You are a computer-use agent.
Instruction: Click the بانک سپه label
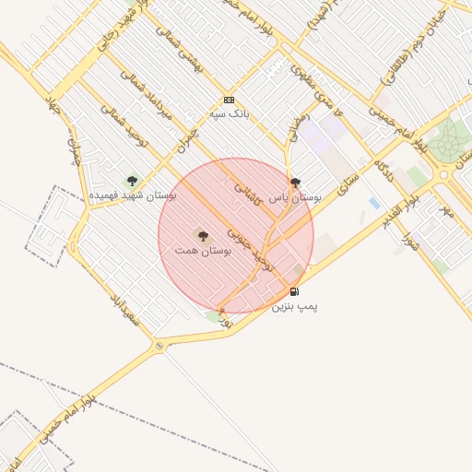pos(230,113)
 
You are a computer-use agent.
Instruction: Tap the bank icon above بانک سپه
pos(230,100)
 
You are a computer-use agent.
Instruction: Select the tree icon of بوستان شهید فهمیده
pos(132,182)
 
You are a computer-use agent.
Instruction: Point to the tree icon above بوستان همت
pos(203,236)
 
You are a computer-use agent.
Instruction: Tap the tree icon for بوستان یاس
pos(295,183)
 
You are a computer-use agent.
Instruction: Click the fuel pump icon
pos(294,292)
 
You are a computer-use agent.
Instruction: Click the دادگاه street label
pos(385,171)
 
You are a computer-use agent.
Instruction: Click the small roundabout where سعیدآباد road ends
pos(159,345)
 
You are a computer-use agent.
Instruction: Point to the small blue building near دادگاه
pos(373,202)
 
